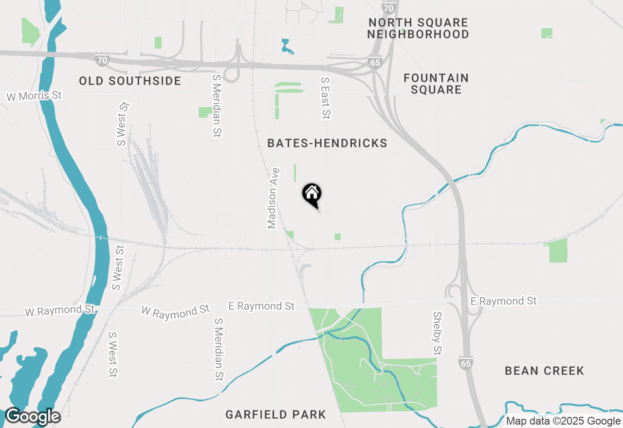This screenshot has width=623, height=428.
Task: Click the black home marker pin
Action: [312, 195]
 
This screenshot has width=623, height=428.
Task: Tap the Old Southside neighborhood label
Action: [130, 81]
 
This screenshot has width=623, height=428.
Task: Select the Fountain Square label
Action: [436, 84]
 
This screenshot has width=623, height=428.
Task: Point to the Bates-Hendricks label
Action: [327, 143]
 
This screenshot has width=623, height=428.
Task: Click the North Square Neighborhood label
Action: [418, 28]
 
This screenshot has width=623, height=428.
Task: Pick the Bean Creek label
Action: [544, 371]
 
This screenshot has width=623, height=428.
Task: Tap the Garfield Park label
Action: [275, 415]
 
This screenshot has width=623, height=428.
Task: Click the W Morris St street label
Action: [34, 96]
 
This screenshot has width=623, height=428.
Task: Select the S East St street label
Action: [326, 98]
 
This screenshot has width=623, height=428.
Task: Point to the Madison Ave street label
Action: [274, 198]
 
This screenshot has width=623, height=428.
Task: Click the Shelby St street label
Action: [437, 333]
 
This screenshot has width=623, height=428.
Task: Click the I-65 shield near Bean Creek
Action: [465, 363]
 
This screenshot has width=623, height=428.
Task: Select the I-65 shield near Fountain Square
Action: [375, 63]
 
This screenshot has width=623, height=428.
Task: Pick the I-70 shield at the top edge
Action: [388, 7]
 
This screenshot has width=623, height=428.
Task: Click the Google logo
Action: [33, 416]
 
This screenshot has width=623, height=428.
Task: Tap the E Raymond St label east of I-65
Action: [503, 302]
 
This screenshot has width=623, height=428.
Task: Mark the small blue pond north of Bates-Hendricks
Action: [287, 47]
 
